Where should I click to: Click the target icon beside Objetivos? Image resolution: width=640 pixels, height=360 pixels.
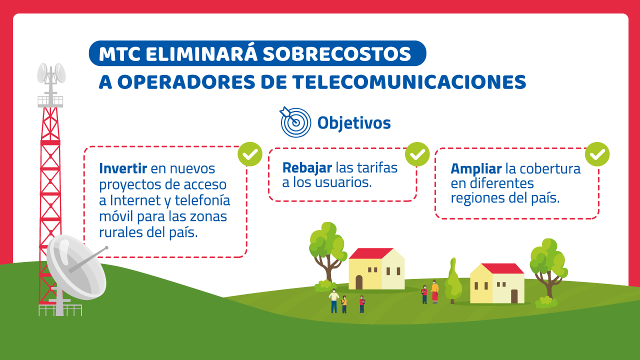pos(295,122)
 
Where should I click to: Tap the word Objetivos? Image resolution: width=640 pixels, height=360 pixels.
pos(354,123)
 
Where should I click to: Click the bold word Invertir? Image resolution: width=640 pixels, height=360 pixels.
pos(123,168)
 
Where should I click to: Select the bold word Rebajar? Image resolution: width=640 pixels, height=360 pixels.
pos(307,168)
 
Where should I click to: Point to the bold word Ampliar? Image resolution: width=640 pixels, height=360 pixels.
pos(476,169)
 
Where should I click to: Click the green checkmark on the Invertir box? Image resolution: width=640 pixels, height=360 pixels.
pos(250,154)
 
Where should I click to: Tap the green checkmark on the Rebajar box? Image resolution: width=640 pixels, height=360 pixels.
pos(417,154)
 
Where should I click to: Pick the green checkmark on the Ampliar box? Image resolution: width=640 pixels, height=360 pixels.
pos(597,154)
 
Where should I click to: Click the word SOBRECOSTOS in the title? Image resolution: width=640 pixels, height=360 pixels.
pos(337,54)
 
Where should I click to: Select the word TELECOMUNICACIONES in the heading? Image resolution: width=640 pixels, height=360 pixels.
pos(409,82)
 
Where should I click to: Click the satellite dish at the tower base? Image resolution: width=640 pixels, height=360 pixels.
pos(76,267)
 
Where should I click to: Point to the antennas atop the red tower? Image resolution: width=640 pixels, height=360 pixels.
pos(51,74)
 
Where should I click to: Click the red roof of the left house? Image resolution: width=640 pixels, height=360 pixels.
pos(370,253)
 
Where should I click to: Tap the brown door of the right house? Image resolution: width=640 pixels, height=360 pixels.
pos(514,296)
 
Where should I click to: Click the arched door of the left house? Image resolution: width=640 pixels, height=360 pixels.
pos(359,282)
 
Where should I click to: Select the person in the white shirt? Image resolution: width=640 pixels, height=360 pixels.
pos(333,301)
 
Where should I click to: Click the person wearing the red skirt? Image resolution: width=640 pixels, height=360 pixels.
pos(434,291)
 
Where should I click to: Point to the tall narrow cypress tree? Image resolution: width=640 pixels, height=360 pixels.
pos(453,281)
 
